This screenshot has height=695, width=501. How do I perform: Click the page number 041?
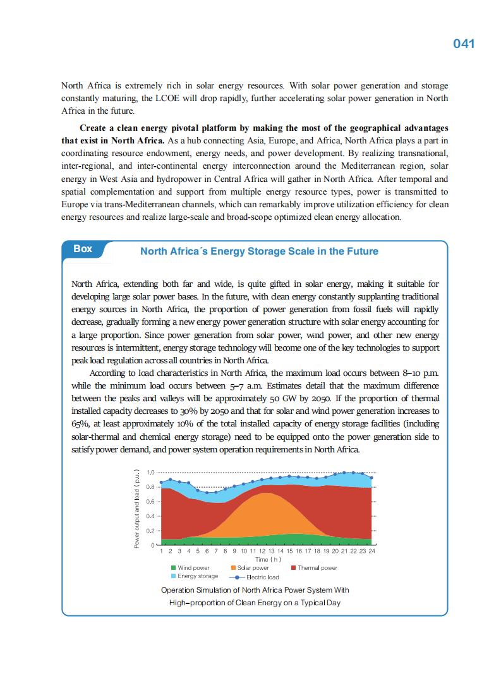[x=464, y=44]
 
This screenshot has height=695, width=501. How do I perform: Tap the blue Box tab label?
[x=83, y=249]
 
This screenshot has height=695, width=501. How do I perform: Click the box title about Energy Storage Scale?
[x=259, y=251]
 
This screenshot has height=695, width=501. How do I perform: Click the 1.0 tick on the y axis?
[x=150, y=473]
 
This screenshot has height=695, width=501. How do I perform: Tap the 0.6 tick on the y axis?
[x=150, y=502]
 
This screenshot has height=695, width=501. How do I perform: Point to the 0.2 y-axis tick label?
[x=150, y=531]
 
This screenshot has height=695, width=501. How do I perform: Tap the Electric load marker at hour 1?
[x=161, y=482]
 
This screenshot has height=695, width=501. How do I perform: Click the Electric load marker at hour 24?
[x=371, y=478]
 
